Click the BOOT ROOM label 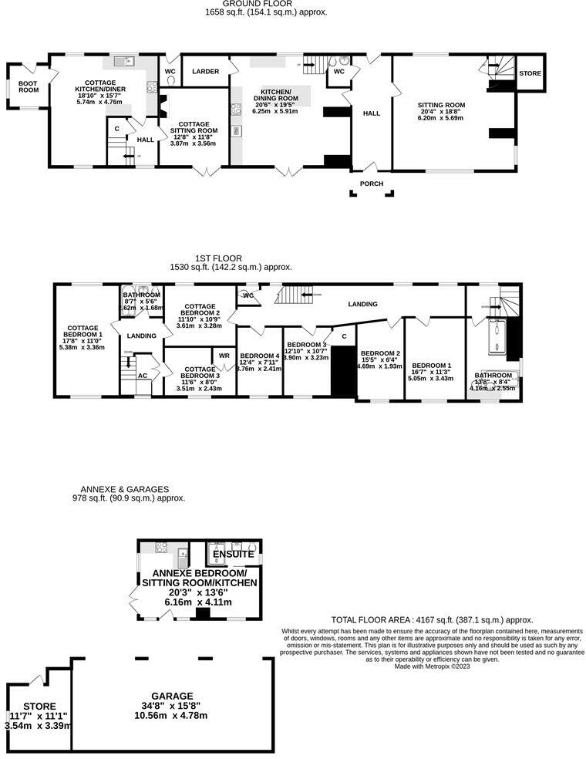click(29, 86)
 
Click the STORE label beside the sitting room click(530, 73)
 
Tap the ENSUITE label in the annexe click(233, 554)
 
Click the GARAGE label click(172, 696)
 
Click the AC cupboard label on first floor click(142, 376)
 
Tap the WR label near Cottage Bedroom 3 click(224, 356)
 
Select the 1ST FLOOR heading click(219, 258)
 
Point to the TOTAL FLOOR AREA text click(432, 619)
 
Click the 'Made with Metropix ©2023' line click(432, 666)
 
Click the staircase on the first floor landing click(291, 294)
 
